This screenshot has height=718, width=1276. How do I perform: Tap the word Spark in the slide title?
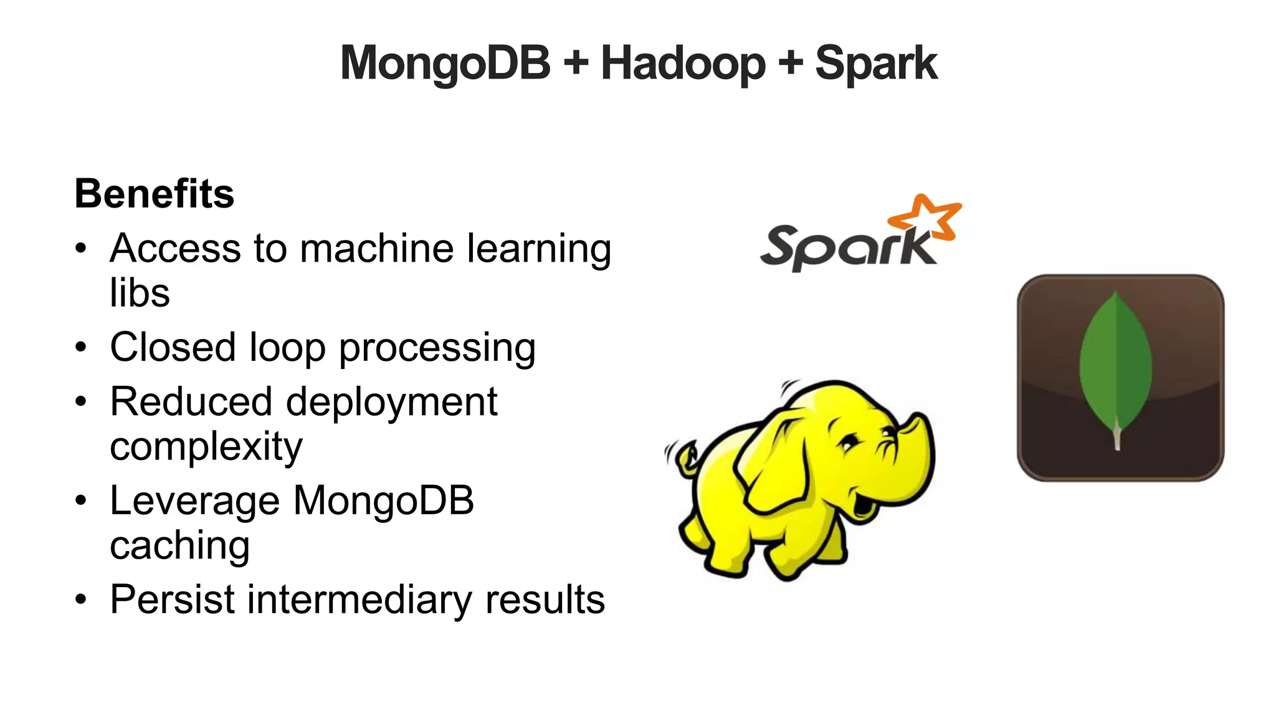pos(875,64)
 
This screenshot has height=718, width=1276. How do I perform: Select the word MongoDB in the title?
pos(445,64)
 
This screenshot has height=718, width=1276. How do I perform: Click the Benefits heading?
pos(155,194)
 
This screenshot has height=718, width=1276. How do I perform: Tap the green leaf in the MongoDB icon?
pos(1115,365)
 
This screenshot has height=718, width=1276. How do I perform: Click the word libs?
pos(140,293)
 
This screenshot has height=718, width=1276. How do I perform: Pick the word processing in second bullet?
pos(437,348)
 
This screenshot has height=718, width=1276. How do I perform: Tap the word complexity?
pos(206,447)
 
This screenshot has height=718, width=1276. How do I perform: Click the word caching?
pos(180,546)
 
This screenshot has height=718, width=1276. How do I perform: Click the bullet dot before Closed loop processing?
pos(81,347)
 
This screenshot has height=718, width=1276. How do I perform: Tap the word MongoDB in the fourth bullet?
pos(383,500)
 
